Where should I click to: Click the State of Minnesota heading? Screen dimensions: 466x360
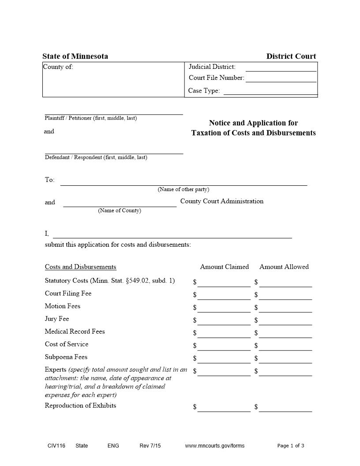coord(75,56)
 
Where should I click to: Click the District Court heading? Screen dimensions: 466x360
coord(291,56)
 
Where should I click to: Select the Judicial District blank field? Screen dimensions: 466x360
coord(281,68)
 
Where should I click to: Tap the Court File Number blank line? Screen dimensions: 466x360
coord(281,79)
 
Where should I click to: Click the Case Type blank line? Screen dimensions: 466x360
coord(270,91)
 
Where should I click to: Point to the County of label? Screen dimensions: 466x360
coord(58,67)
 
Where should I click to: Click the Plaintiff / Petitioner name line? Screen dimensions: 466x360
coord(114,111)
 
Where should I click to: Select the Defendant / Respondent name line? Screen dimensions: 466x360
coord(114,150)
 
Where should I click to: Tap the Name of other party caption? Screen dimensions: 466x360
coord(184,189)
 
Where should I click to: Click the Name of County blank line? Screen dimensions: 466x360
coord(120,203)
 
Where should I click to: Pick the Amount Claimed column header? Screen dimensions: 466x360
coord(224,267)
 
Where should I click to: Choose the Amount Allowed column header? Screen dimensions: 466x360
coord(284,267)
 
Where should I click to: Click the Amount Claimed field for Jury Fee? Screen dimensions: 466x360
coord(224,321)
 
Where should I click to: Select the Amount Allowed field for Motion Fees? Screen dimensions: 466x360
coord(285,308)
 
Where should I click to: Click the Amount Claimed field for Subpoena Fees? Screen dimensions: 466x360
coord(224,359)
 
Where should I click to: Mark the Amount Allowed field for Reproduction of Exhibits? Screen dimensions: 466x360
coord(285,408)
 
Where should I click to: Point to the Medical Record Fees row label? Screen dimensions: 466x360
coord(75,331)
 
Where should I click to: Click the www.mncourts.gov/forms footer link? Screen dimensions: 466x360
coord(214,446)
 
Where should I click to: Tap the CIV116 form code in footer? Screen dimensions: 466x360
coord(56,446)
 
